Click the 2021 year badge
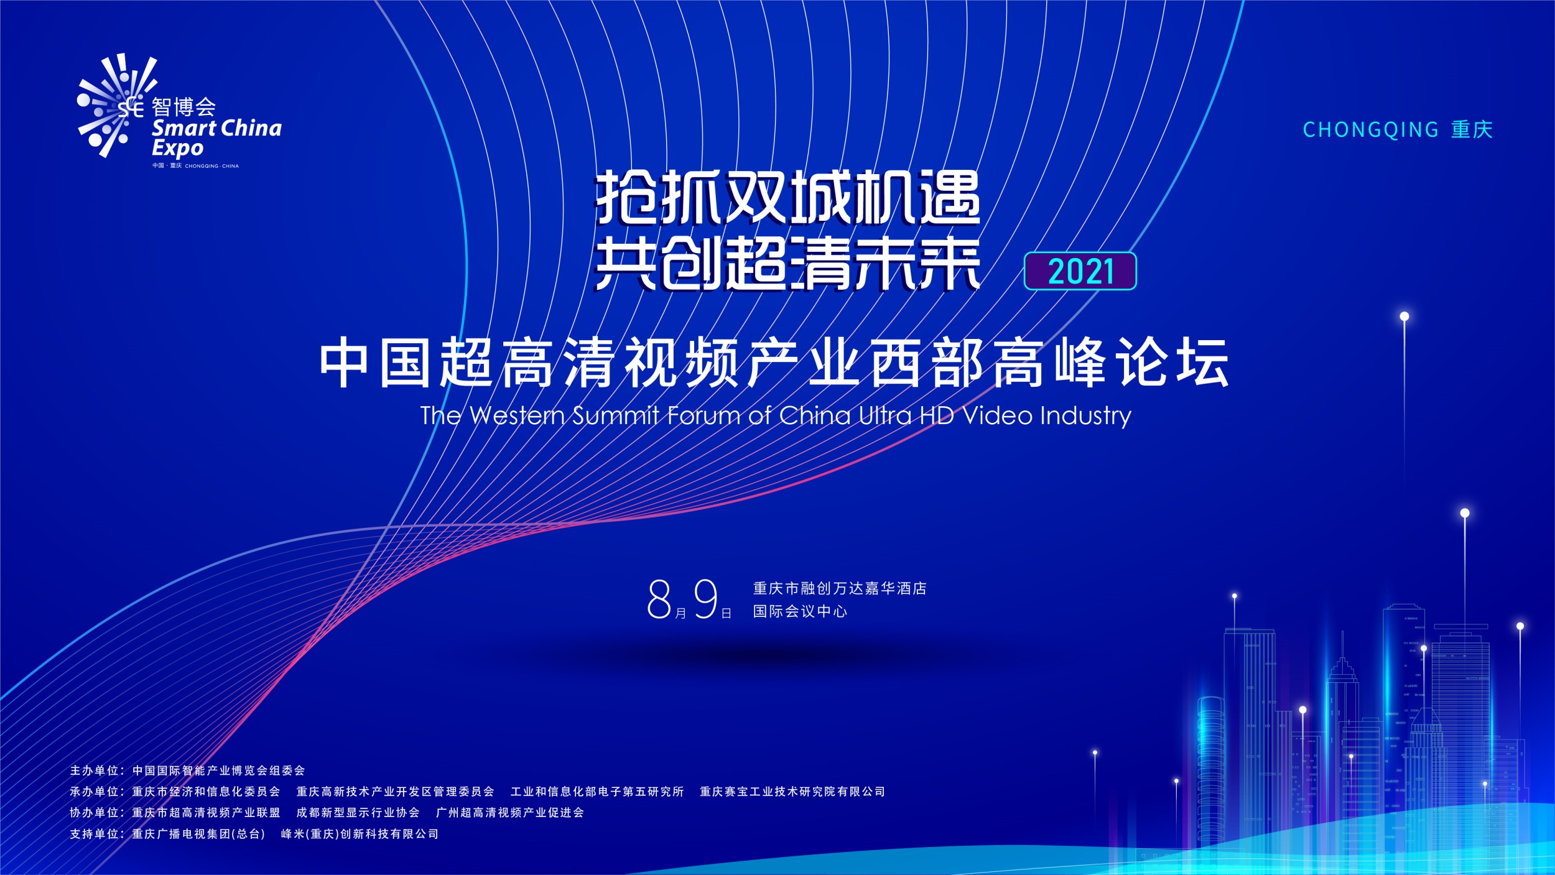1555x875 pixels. (1080, 271)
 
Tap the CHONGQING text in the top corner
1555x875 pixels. (1371, 130)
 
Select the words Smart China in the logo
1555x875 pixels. (216, 128)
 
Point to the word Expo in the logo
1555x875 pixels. (177, 149)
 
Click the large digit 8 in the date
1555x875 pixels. (659, 600)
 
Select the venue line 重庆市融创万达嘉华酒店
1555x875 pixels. (840, 588)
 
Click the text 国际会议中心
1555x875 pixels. (800, 611)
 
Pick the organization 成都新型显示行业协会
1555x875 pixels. (358, 813)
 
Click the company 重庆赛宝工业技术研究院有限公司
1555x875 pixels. (792, 792)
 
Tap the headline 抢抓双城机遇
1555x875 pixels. (788, 198)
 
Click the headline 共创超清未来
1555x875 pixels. (788, 264)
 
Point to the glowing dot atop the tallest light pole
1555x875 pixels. (1404, 317)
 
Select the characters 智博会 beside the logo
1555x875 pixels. (183, 107)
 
